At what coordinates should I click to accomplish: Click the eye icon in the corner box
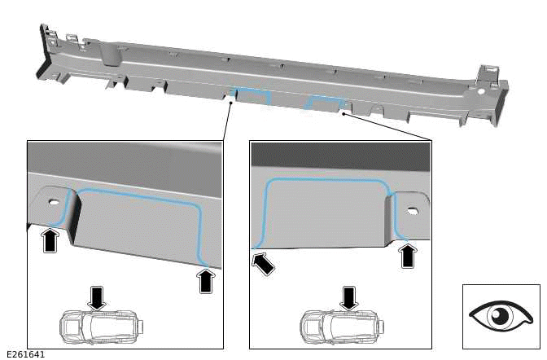(501, 316)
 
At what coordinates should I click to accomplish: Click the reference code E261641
(25, 354)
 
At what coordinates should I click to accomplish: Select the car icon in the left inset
(96, 326)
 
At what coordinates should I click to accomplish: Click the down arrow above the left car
(97, 296)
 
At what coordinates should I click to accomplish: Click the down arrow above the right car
(349, 296)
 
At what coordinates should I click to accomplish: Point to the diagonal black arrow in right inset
(263, 263)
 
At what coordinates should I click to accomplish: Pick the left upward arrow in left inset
(50, 239)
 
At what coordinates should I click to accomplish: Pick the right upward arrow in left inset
(206, 280)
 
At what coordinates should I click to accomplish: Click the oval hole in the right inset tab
(412, 212)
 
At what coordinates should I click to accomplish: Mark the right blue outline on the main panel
(324, 103)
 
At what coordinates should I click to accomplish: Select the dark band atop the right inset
(340, 155)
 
